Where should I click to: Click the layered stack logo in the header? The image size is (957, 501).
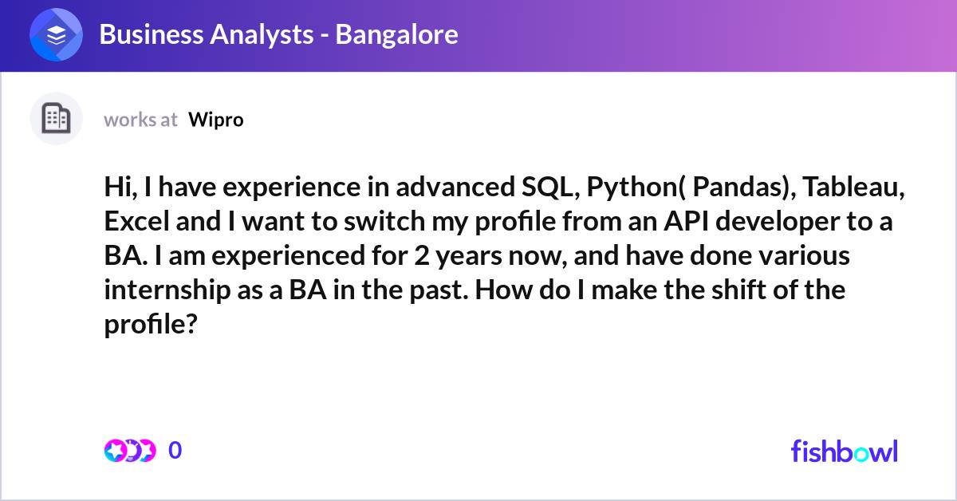[56, 34]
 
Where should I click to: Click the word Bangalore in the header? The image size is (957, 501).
[396, 34]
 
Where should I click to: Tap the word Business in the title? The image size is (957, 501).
[152, 34]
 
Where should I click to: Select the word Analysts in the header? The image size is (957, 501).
[262, 34]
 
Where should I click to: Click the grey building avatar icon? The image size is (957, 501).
[56, 118]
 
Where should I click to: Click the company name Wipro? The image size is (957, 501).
[216, 120]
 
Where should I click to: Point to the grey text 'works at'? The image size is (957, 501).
[140, 120]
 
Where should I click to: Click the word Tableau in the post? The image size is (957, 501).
[853, 187]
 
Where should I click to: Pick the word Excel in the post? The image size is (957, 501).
[136, 222]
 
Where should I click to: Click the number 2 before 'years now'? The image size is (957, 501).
[421, 255]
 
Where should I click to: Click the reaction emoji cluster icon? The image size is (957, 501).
[130, 451]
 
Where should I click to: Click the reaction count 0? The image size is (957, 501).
[175, 450]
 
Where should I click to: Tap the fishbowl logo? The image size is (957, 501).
[845, 451]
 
